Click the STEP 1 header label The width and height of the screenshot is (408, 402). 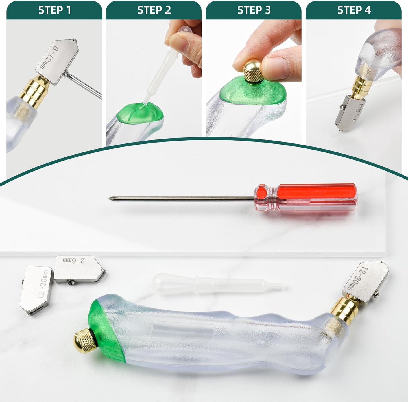(54, 10)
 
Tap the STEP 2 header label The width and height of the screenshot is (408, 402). (154, 10)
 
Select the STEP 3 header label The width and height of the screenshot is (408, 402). (254, 10)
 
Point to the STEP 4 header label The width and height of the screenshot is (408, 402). (354, 10)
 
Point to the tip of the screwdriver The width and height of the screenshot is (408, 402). (110, 198)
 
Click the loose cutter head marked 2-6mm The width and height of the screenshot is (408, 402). (79, 269)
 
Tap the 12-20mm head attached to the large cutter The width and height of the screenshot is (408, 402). (366, 279)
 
